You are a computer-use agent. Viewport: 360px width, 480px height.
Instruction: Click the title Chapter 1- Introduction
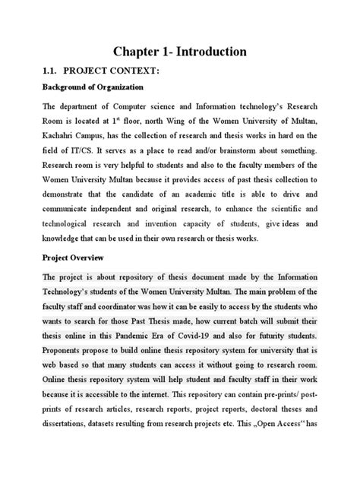pyautogui.click(x=179, y=52)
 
